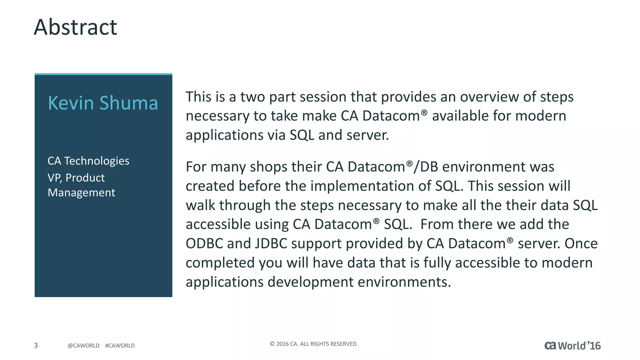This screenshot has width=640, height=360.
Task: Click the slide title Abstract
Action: coord(75,27)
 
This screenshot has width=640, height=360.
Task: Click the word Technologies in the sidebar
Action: coord(97,161)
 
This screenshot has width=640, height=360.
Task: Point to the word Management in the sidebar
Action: coord(81,192)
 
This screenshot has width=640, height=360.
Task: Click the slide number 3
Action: coord(36,345)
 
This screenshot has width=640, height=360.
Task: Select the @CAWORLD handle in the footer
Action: coord(83,346)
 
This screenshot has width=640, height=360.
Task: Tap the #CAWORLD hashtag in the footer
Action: coord(120,346)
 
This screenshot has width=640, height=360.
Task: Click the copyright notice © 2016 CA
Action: coord(313,344)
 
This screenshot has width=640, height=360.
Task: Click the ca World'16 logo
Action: coord(572,346)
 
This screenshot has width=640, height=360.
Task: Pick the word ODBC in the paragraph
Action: coord(204,243)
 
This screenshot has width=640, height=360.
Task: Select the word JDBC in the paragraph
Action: coord(271,243)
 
